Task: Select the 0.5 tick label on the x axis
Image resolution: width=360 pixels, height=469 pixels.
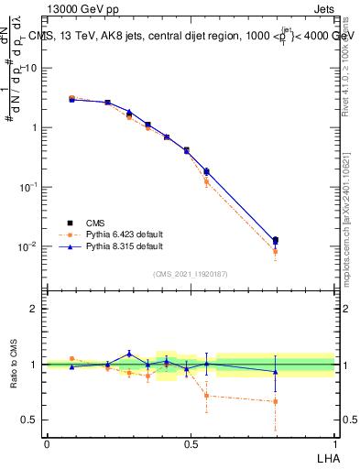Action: click(191, 443)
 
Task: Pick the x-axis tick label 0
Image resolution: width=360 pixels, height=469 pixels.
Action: click(47, 443)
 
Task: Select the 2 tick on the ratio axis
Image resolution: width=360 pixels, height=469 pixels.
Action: click(35, 309)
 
